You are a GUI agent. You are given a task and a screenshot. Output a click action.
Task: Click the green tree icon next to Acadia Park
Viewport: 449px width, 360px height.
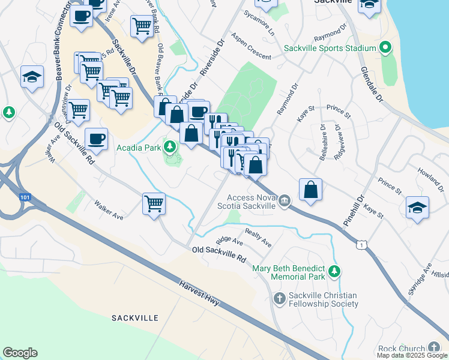point(170,146)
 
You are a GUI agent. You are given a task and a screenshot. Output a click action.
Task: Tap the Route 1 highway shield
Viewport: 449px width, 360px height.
point(361,244)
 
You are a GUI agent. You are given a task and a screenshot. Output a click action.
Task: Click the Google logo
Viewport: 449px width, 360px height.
point(20,353)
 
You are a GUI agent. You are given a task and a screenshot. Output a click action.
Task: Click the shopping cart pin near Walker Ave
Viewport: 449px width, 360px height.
point(154,203)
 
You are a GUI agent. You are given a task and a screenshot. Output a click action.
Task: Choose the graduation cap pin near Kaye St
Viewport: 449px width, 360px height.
point(417,208)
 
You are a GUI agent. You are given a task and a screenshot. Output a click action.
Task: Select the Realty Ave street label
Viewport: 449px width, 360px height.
point(258,237)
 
